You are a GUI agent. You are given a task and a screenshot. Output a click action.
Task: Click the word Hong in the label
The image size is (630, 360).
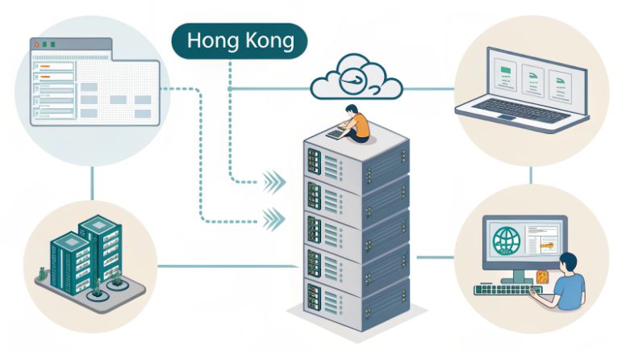(212, 40)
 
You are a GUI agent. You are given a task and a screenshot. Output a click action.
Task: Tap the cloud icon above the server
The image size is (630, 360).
(356, 77)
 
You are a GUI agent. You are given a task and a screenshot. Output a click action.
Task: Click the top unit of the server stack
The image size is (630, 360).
(355, 161)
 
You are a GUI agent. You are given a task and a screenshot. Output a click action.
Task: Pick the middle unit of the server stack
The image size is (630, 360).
(355, 230)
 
